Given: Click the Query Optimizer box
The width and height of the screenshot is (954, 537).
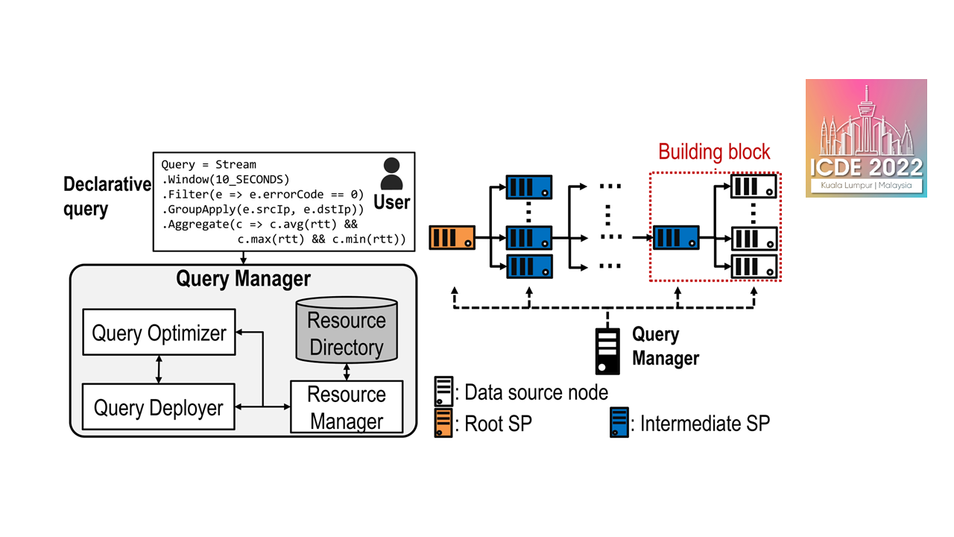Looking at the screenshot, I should coord(159,333).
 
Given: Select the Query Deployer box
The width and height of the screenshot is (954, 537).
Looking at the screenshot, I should coord(158,407).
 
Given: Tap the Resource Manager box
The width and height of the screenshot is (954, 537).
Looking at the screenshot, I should coord(347,407).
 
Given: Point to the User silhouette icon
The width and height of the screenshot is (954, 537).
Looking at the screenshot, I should coord(391,175).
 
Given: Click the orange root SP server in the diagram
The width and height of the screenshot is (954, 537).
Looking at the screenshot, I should coord(452,239).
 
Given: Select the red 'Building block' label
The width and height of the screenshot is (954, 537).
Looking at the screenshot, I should coord(714,152).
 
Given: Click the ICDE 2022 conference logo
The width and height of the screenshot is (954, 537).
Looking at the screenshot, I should coord(866,138).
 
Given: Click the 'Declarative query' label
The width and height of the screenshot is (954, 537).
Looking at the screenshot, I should coord(107,196).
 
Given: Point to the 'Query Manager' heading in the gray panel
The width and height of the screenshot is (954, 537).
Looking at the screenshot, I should coord(243,279).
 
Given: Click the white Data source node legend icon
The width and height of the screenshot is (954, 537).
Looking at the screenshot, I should coord(444,392).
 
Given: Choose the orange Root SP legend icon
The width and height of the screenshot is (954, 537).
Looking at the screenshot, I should coord(444,423).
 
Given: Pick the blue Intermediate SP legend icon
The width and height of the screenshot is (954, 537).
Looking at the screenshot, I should coord(619,423).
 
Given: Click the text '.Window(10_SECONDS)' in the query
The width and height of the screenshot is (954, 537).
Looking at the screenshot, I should coord(225,180).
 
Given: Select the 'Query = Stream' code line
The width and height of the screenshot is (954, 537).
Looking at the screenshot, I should coord(209,164).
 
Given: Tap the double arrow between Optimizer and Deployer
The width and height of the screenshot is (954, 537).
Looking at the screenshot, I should coord(159,370).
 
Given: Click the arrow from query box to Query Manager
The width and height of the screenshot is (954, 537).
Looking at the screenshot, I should coord(244,257).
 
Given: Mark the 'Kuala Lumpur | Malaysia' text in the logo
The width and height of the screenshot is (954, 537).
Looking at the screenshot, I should coord(866,185).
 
